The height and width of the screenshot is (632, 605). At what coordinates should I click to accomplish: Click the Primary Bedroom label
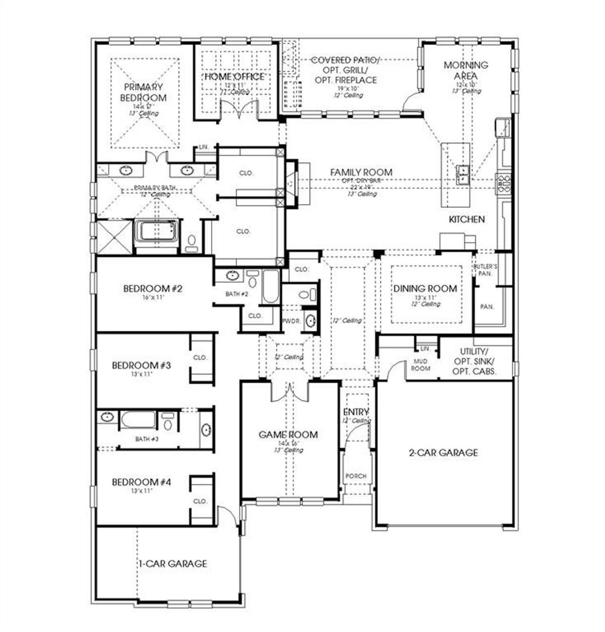click(x=143, y=93)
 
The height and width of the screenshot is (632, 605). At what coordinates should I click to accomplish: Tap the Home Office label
click(x=234, y=76)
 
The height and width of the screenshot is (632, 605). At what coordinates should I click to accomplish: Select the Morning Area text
click(x=466, y=70)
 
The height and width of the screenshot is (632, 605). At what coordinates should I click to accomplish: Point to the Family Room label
click(x=361, y=172)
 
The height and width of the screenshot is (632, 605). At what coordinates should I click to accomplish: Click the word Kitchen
click(x=467, y=219)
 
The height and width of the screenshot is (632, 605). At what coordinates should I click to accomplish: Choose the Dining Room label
click(x=425, y=288)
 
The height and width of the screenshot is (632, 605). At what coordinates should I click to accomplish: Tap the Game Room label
click(x=288, y=435)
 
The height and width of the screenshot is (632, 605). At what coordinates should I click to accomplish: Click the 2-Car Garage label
click(x=443, y=453)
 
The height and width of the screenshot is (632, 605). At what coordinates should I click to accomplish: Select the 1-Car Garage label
click(x=173, y=564)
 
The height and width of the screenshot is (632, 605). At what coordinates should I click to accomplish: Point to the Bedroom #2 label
click(x=153, y=288)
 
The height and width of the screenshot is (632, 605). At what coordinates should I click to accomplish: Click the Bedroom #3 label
click(x=141, y=365)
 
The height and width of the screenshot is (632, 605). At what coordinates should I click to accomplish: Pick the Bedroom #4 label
click(x=141, y=482)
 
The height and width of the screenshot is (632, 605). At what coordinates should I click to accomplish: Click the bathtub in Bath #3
click(x=138, y=420)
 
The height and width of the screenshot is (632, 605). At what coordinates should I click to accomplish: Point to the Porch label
click(x=356, y=476)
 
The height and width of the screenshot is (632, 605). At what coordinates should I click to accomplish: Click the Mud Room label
click(x=420, y=365)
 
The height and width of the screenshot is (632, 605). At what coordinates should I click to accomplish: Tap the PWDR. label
click(x=288, y=321)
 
